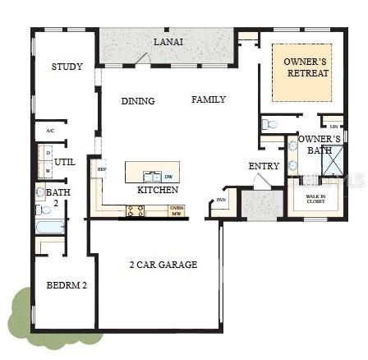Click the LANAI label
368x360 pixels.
point(169,41)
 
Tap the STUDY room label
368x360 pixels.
point(67,67)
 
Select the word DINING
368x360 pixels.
point(138,101)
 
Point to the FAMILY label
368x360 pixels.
point(209,99)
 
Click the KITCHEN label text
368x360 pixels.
point(158,190)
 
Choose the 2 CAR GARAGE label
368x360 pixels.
point(163,265)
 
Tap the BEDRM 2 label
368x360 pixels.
point(67,285)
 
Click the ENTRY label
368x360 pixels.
point(264,167)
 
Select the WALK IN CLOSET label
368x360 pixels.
point(315,198)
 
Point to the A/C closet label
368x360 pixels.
point(50,131)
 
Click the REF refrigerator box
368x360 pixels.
point(102,169)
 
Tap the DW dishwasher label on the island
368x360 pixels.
point(168,176)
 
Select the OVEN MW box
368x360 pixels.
point(176,210)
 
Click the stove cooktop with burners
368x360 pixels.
point(135,210)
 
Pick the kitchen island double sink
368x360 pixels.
point(151,176)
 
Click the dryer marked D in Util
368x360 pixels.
point(48,153)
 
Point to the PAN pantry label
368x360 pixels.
point(221,199)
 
